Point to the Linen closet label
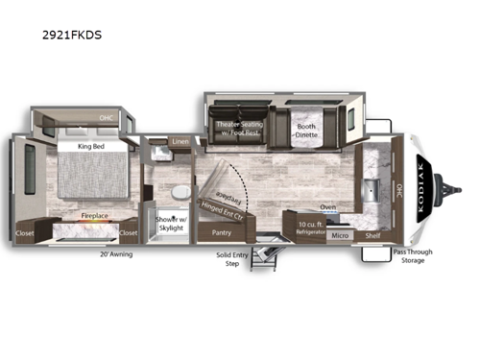tap(180, 142)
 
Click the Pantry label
tap(222, 232)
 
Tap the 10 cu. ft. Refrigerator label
tap(294, 228)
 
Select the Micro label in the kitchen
tap(339, 233)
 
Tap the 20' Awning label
tap(116, 253)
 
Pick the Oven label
tap(327, 205)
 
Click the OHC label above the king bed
tap(107, 120)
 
